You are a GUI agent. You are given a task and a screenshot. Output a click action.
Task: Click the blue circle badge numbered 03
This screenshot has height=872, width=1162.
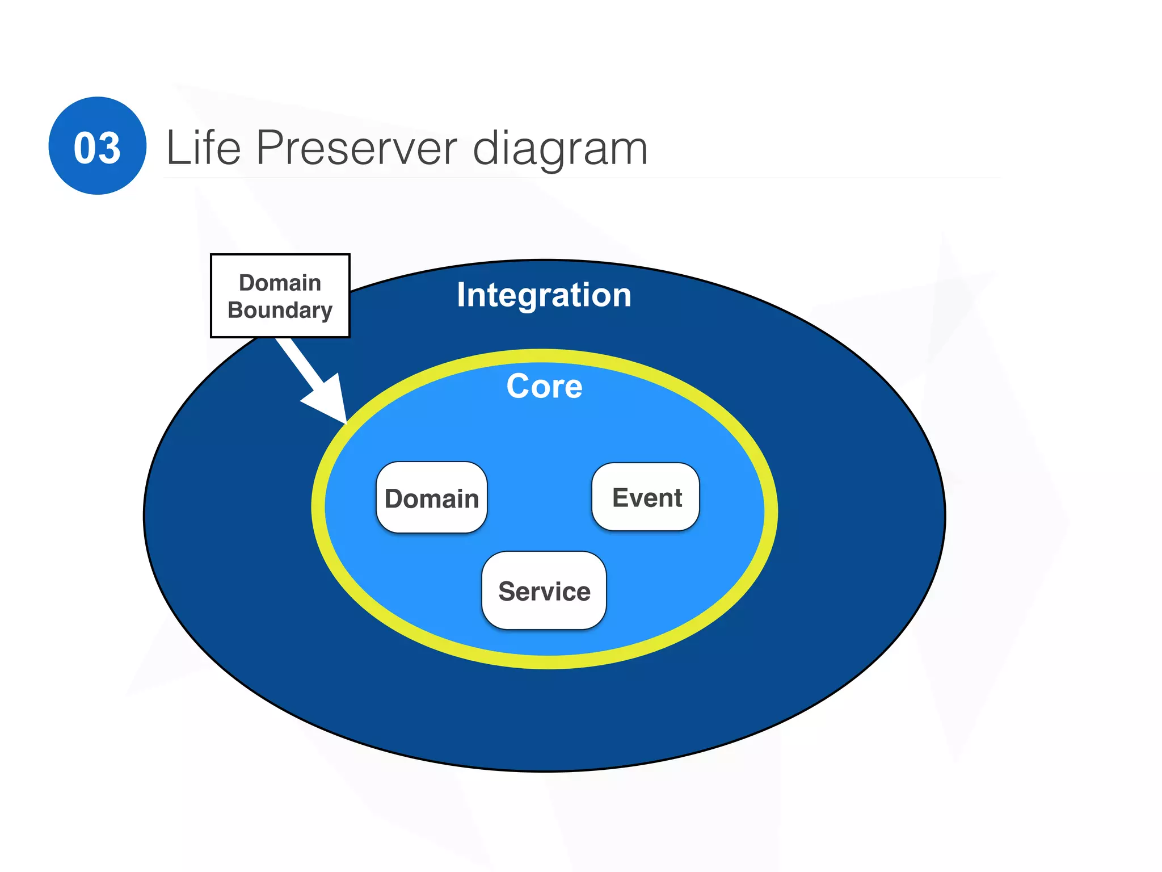[x=98, y=146]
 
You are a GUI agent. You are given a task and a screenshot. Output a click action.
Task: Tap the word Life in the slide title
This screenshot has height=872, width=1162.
[x=203, y=148]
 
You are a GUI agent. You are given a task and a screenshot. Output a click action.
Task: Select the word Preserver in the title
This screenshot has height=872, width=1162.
[x=356, y=148]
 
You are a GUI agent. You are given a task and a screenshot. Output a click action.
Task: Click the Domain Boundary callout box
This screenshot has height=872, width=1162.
[x=280, y=296]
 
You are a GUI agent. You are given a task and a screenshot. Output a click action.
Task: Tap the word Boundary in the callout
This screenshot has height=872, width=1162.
[x=280, y=311]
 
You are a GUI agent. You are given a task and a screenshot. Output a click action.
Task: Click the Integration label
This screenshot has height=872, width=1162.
[x=544, y=295]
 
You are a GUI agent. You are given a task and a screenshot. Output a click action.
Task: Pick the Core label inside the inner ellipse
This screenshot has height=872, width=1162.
[x=544, y=387]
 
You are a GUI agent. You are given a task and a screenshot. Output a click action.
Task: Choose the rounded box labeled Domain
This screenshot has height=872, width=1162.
[x=432, y=498]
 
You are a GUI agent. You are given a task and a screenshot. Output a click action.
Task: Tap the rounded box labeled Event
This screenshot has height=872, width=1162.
[x=646, y=497]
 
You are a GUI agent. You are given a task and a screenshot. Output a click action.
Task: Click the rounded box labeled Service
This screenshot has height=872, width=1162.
[x=544, y=591]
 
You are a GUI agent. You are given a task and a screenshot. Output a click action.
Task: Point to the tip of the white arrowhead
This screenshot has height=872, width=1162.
[x=345, y=422]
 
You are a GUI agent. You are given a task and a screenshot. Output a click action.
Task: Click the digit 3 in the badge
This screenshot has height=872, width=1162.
[x=110, y=148]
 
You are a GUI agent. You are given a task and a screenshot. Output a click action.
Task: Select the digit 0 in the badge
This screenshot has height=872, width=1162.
[x=86, y=148]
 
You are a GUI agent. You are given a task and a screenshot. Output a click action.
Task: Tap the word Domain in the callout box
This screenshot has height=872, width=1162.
[x=280, y=283]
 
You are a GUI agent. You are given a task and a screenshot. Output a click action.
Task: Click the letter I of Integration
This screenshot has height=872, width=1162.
[x=461, y=295]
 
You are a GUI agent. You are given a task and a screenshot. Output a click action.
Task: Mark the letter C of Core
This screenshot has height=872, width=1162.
[x=517, y=387]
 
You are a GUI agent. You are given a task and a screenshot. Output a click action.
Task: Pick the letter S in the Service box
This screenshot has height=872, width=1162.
[x=507, y=592]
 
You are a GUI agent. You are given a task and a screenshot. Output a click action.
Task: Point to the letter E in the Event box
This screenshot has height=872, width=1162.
[x=621, y=498]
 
